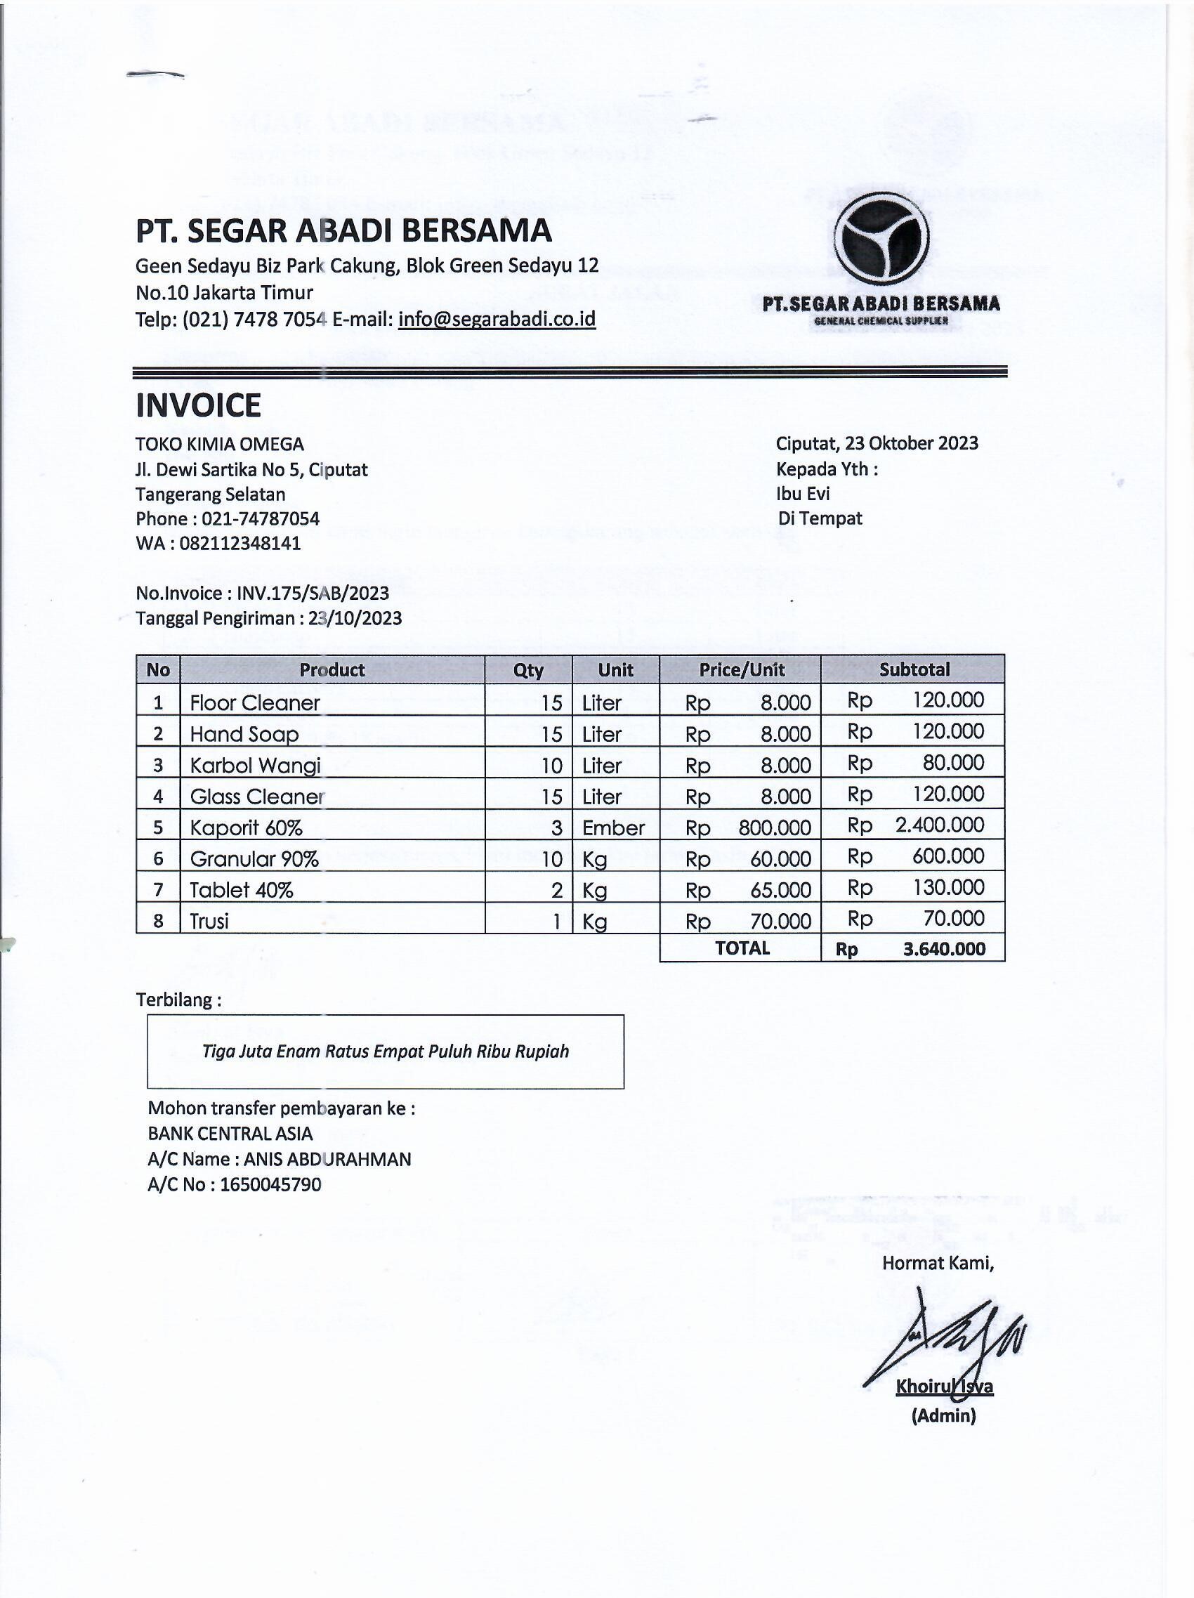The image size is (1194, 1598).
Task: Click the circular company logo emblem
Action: (881, 237)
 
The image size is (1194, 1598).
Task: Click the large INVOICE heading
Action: (198, 405)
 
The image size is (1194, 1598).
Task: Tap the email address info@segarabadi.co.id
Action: (497, 319)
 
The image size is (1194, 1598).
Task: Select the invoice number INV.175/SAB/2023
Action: (313, 593)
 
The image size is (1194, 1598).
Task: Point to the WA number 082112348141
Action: (240, 543)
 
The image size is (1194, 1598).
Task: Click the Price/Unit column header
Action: (741, 669)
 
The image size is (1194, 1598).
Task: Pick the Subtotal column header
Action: (914, 669)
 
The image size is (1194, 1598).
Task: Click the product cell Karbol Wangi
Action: (255, 765)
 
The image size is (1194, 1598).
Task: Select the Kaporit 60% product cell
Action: (246, 827)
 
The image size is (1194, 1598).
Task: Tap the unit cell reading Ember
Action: (613, 827)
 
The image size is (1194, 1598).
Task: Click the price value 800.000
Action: (774, 827)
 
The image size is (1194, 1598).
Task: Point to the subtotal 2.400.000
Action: (939, 825)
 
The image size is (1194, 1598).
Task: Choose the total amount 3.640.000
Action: (944, 948)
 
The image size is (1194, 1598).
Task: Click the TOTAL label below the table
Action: (742, 948)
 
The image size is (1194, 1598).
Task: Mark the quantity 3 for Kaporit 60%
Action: (556, 827)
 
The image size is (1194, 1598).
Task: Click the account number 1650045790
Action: (271, 1184)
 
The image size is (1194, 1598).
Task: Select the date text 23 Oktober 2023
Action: (912, 443)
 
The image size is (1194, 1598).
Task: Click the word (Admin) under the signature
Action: (943, 1415)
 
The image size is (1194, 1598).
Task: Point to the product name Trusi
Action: (209, 921)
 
